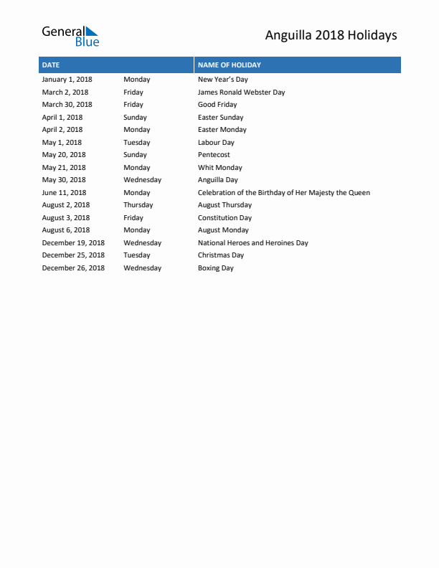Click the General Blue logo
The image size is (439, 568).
pos(70,36)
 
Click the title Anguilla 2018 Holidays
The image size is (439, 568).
pos(331,35)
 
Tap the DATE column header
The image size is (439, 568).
pos(51,65)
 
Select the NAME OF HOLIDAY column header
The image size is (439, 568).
pos(230,65)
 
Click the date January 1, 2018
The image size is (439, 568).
pos(67,80)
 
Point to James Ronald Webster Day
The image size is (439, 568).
pos(241,93)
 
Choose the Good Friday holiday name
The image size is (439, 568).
pos(217,105)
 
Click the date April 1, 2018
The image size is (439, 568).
pos(62,118)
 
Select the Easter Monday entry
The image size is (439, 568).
pos(222,130)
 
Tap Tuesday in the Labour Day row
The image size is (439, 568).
pos(136,143)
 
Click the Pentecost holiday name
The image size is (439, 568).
pos(214,155)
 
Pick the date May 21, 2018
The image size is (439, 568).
pos(63,168)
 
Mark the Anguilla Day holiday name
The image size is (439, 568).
pos(217,180)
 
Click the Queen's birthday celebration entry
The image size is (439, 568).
pos(283,193)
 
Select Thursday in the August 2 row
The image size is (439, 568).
pos(138,205)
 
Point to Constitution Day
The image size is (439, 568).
pos(225,218)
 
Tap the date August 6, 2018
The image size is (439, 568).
pos(65,230)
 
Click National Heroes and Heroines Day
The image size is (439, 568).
pos(252,243)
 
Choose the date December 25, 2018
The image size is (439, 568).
pos(72,255)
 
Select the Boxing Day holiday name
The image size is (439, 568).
pos(215,268)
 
